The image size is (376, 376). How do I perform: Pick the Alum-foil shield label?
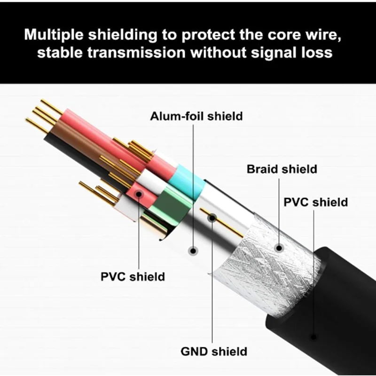tap(196, 116)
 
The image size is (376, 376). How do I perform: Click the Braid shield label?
tap(282, 169)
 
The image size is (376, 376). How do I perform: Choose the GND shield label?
tap(214, 351)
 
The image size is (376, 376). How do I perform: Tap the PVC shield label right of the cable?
tap(316, 202)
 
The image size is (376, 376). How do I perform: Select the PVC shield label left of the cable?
tap(133, 276)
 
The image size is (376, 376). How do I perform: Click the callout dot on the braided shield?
tap(279, 247)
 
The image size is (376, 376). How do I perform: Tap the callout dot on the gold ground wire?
tap(212, 218)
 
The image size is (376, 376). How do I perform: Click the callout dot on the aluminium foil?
tap(192, 250)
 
